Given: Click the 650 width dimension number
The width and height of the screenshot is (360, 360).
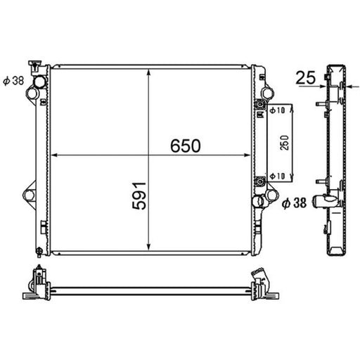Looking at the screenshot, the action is coord(186,146).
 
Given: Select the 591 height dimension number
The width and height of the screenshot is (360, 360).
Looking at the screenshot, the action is coord(139,195).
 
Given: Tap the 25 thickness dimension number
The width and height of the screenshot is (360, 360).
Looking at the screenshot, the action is coord(306,77).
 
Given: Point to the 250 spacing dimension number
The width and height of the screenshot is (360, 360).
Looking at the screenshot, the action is coord(285,143).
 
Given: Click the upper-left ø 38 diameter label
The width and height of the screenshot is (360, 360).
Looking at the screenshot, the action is coord(13,81).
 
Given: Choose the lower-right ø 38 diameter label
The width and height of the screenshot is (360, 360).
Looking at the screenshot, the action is coord(294,202).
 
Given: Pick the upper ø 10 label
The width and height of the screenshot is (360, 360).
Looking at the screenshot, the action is coord(277,110).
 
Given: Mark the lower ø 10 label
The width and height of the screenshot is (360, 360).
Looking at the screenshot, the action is coord(277,176).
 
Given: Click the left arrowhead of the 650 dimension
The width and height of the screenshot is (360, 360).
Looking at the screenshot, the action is coord(54,155).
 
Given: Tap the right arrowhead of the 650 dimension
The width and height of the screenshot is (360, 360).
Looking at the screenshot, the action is coord(247,155).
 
